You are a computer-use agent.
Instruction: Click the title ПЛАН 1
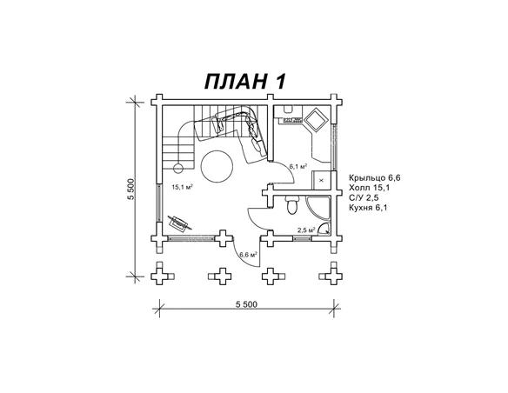click(245, 81)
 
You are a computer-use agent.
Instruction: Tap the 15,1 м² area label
click(183, 187)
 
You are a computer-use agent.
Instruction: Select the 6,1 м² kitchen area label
click(298, 167)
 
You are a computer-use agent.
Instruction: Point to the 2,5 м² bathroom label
click(306, 230)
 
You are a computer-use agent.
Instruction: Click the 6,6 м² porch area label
click(248, 255)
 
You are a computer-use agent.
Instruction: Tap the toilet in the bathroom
click(292, 205)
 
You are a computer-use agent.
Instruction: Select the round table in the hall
click(217, 167)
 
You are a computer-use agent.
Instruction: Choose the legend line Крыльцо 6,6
click(375, 177)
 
